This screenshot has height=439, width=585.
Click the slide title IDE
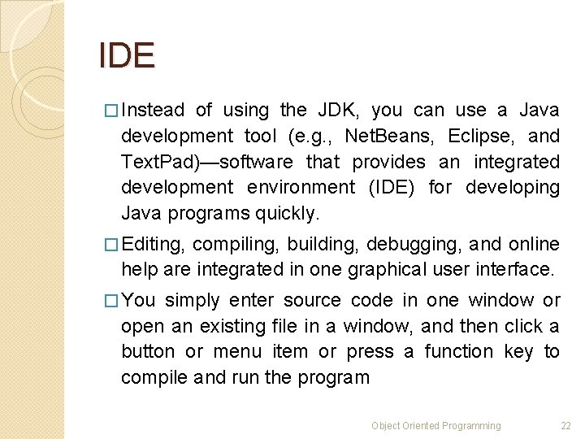(126, 55)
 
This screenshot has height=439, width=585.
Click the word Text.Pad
(154, 162)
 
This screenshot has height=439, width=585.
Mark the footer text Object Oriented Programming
(436, 425)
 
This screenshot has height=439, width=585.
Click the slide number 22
(566, 425)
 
